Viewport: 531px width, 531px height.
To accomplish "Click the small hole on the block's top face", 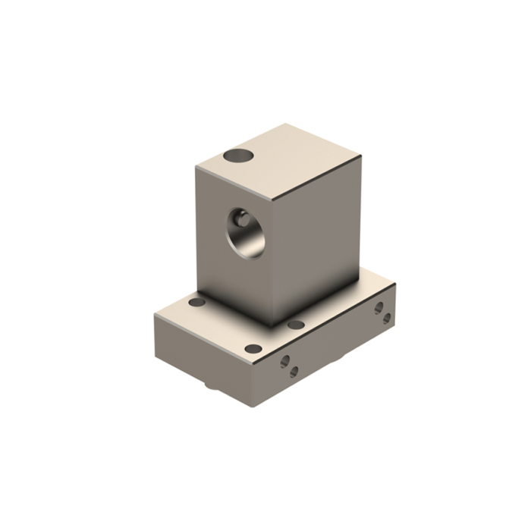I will pos(238,156).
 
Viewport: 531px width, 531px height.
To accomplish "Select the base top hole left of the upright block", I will pos(196,302).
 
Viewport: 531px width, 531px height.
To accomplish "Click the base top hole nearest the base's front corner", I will pos(253,349).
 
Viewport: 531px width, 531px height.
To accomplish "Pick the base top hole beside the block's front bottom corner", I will pos(297,325).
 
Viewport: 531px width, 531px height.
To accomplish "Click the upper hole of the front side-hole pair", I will pos(285,362).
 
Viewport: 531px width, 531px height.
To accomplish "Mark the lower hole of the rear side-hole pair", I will pos(387,318).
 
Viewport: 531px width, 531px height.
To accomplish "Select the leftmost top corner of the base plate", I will pos(155,315).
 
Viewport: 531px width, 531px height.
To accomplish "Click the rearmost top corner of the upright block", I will pos(286,124).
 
